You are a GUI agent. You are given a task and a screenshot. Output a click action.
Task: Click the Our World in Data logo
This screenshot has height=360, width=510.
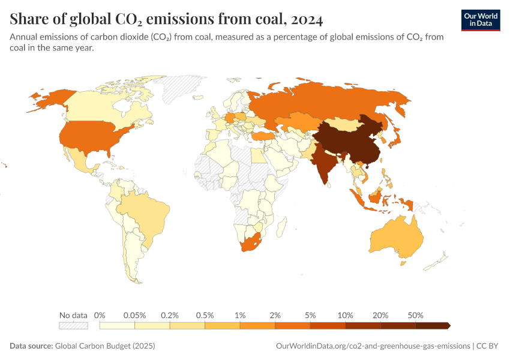(x=480, y=20)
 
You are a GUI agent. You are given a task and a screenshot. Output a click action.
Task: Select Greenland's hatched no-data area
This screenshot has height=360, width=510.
(x=183, y=90)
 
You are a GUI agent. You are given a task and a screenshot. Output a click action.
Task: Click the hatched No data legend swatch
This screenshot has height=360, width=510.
(x=73, y=326)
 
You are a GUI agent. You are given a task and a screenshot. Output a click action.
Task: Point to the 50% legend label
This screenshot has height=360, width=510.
(x=416, y=315)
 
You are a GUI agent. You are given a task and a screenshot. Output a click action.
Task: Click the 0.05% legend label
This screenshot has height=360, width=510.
(x=135, y=315)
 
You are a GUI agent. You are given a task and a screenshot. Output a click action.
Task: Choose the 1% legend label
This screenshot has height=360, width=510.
(x=240, y=315)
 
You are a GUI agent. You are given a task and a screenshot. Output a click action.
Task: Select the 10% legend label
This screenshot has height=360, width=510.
(x=346, y=315)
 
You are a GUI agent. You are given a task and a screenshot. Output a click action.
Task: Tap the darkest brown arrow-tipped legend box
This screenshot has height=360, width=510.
(x=432, y=326)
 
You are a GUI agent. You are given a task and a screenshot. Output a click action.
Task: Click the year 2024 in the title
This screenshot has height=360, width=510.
(x=306, y=20)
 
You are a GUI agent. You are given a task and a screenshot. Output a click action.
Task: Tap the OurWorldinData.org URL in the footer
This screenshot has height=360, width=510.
(x=372, y=346)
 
